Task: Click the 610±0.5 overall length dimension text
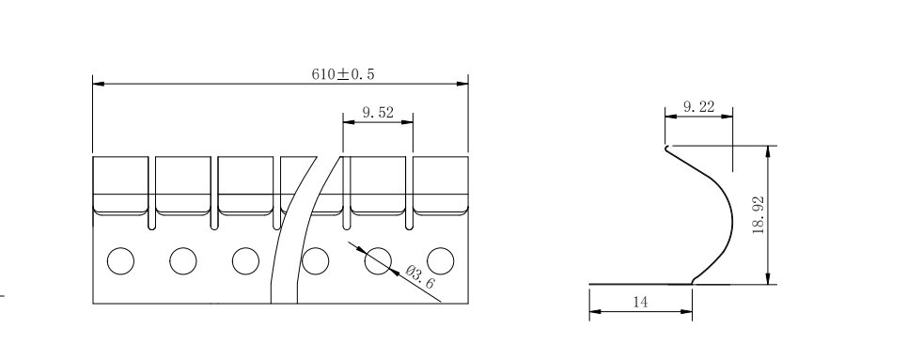coord(343,74)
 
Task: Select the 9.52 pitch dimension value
coord(378,112)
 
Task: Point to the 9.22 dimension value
coord(698,106)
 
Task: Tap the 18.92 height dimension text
coord(758,215)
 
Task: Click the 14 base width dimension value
coord(640,302)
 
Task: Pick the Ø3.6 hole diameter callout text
coord(420,276)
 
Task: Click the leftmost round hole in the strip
coord(121,261)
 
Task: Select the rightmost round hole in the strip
coord(440,261)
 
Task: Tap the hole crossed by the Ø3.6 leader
coord(378,261)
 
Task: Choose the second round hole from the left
coord(182,261)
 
